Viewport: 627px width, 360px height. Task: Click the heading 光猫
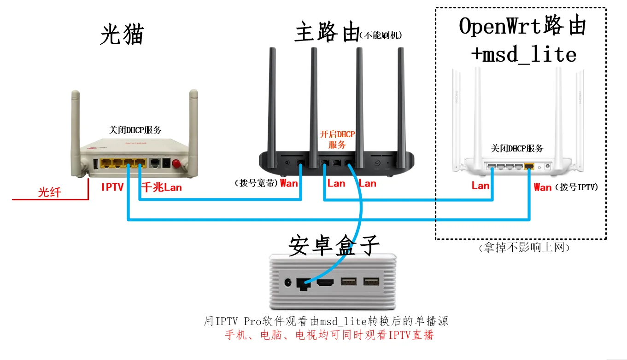[122, 35]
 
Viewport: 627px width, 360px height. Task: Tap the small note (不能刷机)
[381, 35]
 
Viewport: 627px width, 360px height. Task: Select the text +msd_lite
[523, 55]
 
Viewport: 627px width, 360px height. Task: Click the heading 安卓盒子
[334, 246]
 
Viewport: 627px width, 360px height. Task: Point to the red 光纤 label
[49, 192]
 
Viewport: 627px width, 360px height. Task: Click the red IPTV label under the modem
[112, 187]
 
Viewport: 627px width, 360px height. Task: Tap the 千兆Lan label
[161, 187]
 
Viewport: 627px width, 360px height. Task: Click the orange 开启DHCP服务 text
[337, 139]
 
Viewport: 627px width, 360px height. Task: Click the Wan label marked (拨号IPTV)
[542, 187]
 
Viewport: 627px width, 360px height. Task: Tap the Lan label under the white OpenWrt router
[480, 186]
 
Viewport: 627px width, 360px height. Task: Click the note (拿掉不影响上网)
[525, 248]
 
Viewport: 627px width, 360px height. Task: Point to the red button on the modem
[176, 163]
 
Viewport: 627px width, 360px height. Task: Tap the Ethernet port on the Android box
[303, 283]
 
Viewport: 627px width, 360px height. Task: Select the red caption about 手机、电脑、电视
[329, 335]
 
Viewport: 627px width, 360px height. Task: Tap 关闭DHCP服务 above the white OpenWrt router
[517, 148]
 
